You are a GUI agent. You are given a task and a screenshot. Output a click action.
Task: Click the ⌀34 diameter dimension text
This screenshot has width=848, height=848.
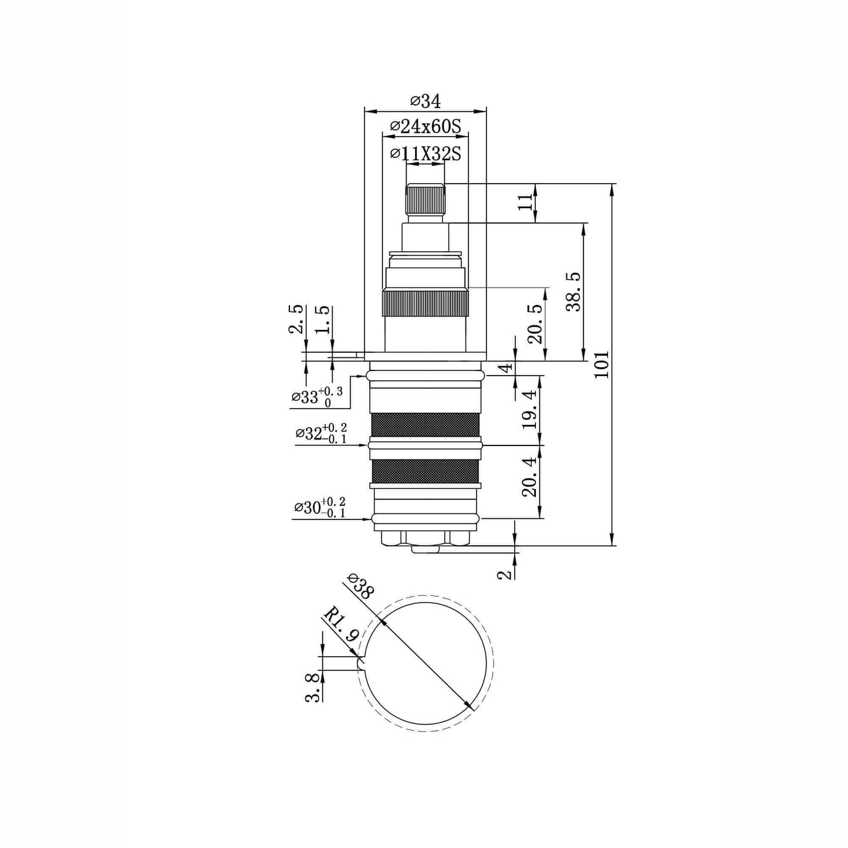(x=425, y=102)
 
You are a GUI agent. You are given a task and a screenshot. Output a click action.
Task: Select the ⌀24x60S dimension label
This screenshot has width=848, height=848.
(x=425, y=126)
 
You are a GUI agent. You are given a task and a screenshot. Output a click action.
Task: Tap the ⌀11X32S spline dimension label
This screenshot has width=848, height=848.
(x=425, y=154)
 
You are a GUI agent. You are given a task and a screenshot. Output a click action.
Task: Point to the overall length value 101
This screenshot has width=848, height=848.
(x=602, y=364)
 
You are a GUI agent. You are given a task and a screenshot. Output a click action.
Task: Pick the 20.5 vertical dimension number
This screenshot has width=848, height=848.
(x=535, y=323)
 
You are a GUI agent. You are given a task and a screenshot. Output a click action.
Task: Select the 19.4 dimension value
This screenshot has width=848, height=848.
(x=530, y=409)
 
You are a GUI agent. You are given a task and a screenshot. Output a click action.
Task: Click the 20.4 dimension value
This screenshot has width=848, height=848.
(x=530, y=478)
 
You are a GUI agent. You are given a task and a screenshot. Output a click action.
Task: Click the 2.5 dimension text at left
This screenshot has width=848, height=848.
(x=297, y=319)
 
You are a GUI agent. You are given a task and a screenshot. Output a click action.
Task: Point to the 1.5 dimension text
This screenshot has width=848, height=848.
(x=323, y=320)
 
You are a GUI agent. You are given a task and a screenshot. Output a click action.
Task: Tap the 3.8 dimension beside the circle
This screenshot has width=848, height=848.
(x=313, y=687)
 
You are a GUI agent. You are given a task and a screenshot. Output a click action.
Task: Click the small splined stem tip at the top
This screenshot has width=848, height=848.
(x=425, y=200)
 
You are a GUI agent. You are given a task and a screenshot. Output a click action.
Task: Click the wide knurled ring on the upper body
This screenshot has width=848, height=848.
(x=425, y=303)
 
